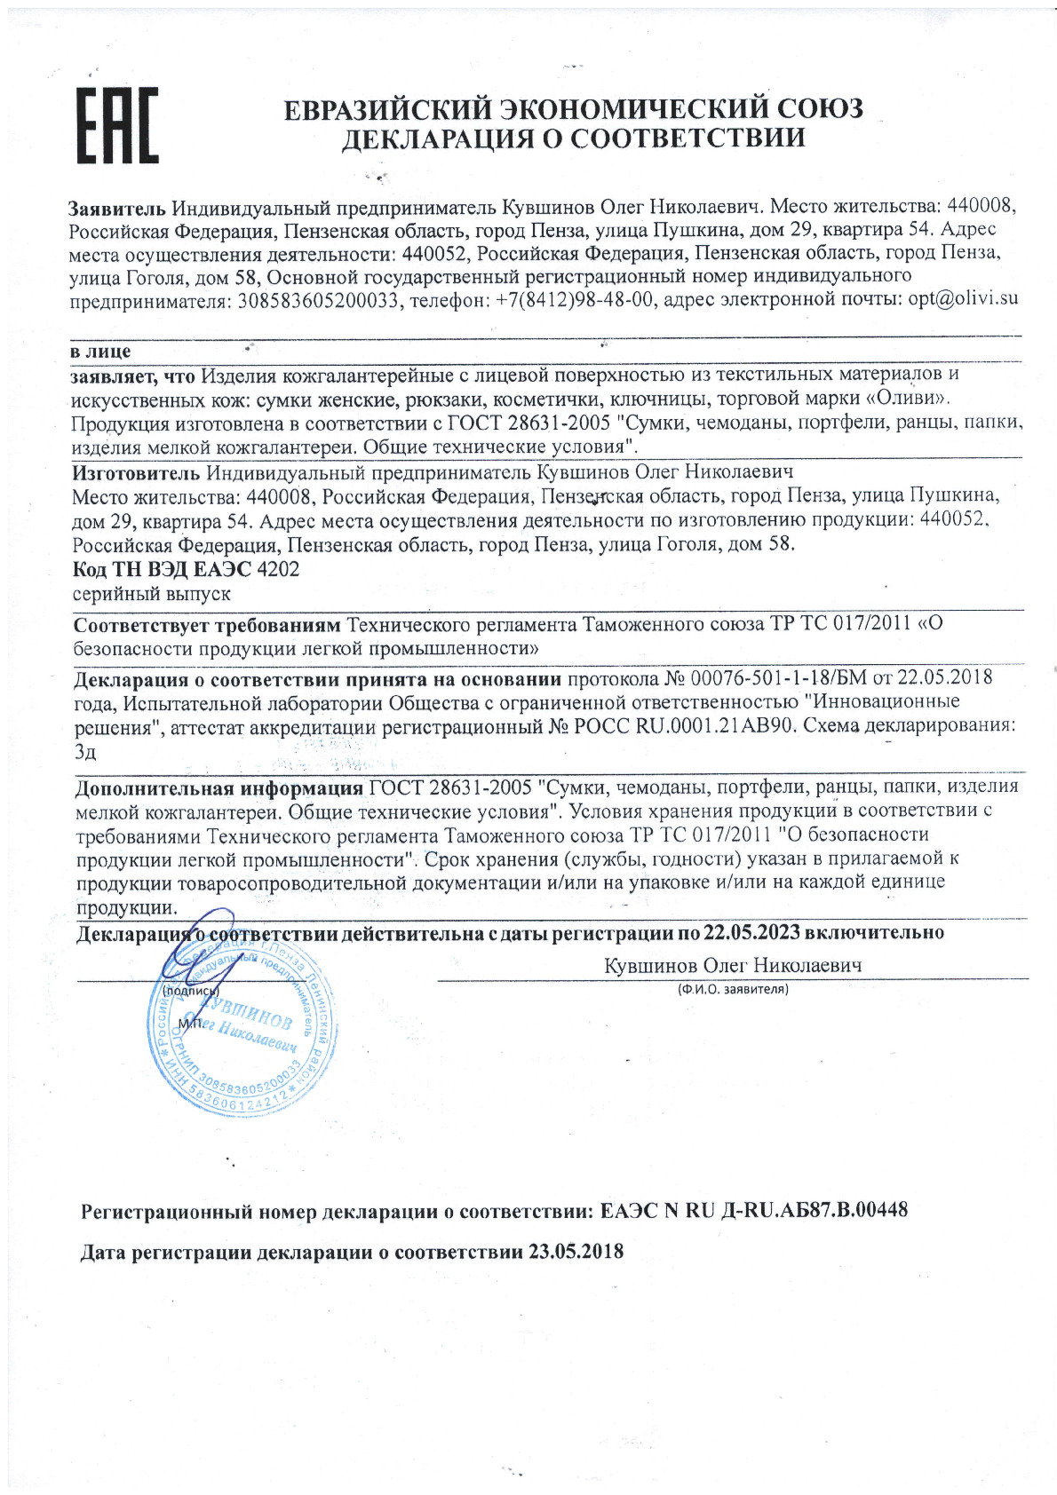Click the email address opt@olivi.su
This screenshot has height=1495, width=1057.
tap(963, 298)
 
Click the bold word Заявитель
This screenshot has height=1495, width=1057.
tap(116, 208)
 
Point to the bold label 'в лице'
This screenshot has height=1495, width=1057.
tap(100, 352)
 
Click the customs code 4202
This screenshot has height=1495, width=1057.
tap(278, 568)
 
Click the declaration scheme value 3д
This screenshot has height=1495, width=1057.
tap(85, 751)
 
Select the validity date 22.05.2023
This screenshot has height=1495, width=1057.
tap(751, 932)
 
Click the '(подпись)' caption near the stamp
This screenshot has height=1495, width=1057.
tap(191, 991)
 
